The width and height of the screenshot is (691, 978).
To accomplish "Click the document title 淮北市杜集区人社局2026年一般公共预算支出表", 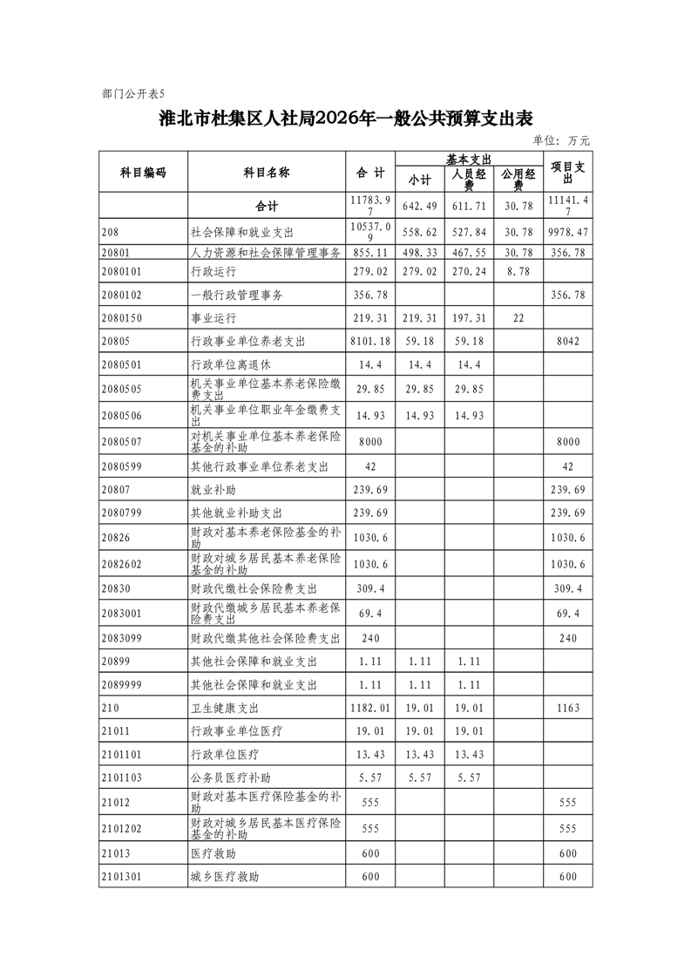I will point(345,119).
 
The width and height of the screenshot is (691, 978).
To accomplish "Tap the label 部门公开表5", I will point(132,92).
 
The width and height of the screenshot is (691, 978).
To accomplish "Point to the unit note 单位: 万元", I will point(561,139).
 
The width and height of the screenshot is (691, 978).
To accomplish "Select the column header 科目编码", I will point(142,172).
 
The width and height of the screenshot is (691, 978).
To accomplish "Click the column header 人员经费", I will point(469,179).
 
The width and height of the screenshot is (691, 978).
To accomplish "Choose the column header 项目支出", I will point(567,172).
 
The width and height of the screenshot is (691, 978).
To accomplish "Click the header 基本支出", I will point(469,159).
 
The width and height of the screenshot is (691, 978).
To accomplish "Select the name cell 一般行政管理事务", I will point(236,295).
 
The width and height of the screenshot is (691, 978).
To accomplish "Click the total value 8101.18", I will point(370,342).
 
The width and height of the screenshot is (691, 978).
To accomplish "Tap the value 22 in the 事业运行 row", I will point(518,318).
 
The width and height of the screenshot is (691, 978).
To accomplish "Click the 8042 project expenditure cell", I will point(567,342).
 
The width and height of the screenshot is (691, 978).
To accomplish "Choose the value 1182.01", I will point(370,708).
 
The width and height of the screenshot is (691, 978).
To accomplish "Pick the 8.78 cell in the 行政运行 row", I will point(518,271).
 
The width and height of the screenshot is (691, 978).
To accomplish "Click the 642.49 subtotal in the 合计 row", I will point(419,205).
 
